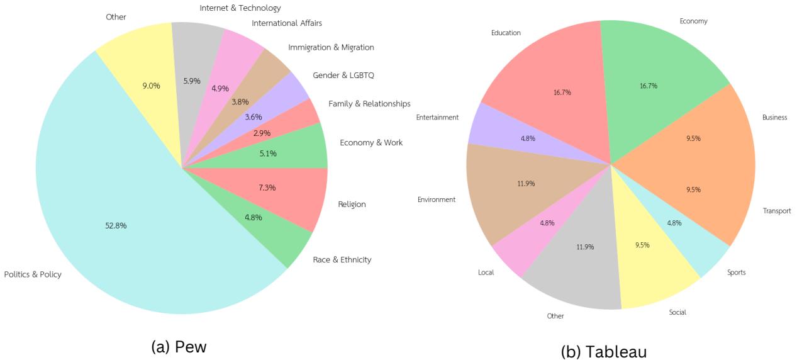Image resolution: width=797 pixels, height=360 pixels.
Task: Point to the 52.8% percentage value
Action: point(116,226)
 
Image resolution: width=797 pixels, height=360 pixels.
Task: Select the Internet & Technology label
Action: point(240,8)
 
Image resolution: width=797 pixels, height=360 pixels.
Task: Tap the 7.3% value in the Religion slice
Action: point(267,188)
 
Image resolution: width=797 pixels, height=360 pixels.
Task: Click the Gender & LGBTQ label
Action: point(343,76)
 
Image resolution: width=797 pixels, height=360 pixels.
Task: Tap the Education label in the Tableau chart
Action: point(506,33)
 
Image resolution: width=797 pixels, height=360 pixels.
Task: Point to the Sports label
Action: point(736,273)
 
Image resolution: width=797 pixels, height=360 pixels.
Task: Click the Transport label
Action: point(777,211)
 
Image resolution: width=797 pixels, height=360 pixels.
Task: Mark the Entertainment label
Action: point(437,117)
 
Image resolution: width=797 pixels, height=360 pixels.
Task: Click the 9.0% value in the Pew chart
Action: point(150,86)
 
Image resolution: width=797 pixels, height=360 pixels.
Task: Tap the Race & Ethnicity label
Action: point(342,259)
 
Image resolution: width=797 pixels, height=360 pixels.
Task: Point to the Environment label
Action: point(436,200)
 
